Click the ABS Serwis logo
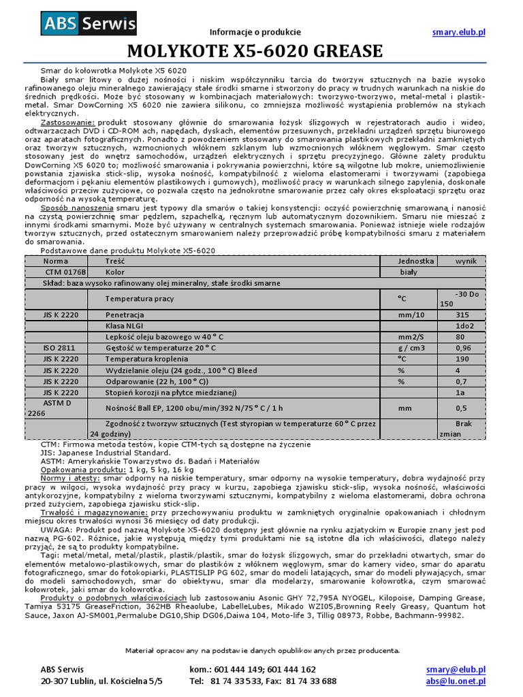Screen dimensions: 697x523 [89, 25]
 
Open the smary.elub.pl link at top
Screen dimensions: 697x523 [458, 32]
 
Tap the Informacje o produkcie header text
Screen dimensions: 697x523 [255, 32]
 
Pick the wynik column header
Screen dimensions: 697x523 [466, 261]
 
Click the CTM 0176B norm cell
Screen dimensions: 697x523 [61, 272]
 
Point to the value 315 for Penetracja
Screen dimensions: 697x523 [462, 315]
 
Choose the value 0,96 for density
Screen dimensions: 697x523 [464, 348]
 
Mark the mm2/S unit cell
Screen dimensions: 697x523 [411, 337]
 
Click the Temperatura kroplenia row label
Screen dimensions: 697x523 [146, 359]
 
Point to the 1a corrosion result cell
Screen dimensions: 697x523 [461, 392]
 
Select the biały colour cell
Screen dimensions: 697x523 [409, 272]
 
